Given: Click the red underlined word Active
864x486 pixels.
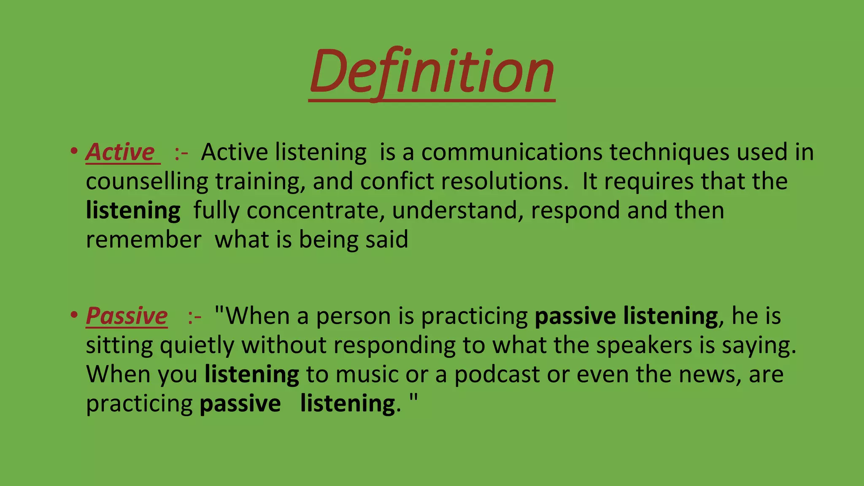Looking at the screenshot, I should coord(121,152).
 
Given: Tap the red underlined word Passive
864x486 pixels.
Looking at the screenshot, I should coord(127,316).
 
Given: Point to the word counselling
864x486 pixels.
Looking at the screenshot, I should coord(147,182).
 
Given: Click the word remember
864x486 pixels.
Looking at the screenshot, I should coord(143,240).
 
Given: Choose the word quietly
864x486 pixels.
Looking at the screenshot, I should coord(197,346).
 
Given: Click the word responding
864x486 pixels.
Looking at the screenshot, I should coord(394,346).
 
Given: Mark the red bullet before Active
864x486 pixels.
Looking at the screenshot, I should coord(74,151).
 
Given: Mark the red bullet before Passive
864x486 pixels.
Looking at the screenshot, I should coord(74,315).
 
